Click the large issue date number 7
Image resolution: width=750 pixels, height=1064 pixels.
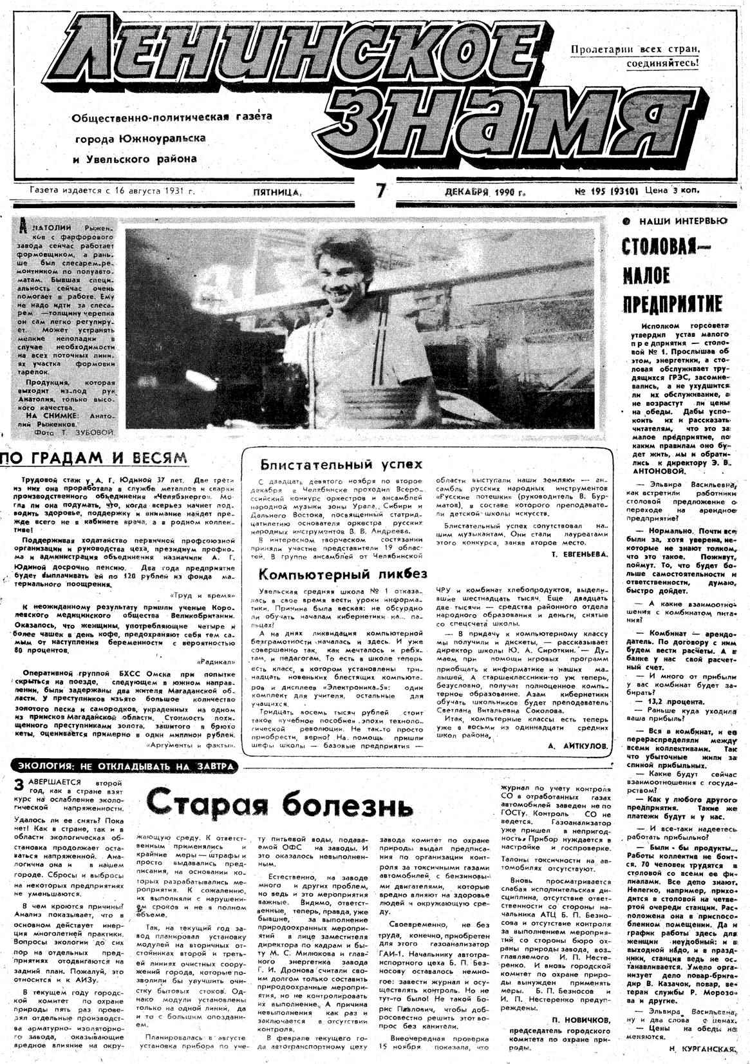point(381,192)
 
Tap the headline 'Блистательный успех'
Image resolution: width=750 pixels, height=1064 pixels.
point(341,464)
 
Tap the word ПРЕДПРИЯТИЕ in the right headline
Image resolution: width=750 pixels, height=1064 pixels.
point(671,304)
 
